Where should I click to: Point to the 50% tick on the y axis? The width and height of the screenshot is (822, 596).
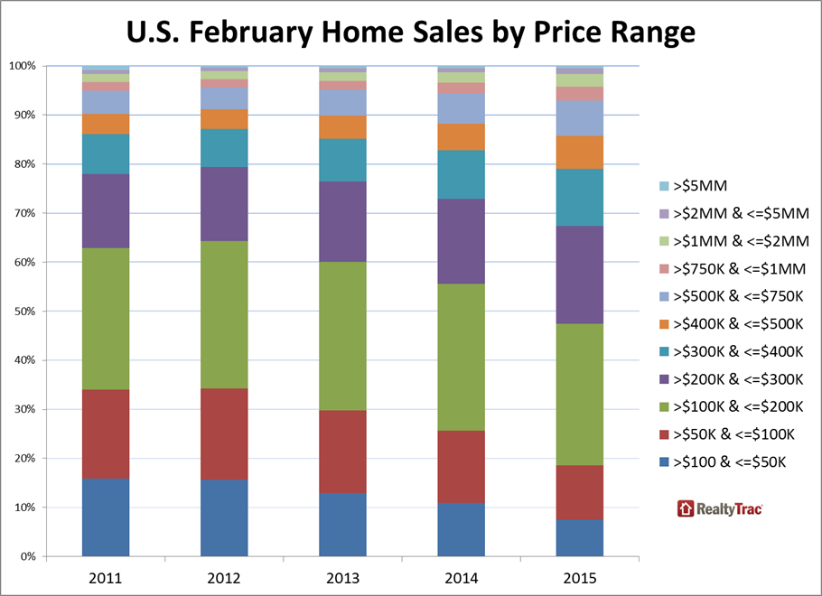click(23, 312)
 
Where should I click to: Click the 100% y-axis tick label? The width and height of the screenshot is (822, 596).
click(21, 66)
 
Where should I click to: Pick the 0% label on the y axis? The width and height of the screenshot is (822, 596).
click(26, 556)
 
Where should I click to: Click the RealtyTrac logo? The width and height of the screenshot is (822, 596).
click(720, 509)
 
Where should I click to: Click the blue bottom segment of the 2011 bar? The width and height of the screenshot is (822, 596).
click(106, 517)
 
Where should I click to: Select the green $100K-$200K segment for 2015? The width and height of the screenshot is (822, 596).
click(579, 395)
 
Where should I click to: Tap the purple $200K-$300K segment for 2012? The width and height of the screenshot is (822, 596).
click(224, 204)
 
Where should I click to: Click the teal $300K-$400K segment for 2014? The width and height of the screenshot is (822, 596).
click(461, 175)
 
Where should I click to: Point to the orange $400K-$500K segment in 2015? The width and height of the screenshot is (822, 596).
click(579, 153)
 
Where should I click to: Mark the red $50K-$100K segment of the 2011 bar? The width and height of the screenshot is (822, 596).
click(106, 434)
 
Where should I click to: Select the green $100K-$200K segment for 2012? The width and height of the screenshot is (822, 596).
click(224, 315)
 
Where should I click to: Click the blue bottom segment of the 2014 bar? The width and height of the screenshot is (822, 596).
click(461, 530)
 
